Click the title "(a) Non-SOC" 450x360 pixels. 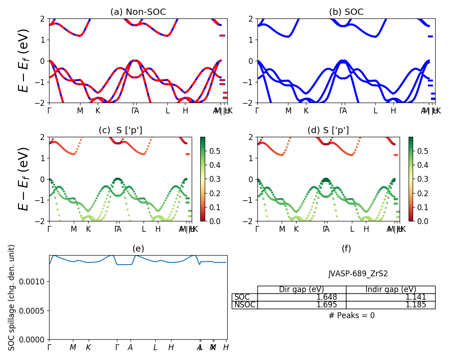click(138, 12)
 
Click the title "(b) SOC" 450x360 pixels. click(346, 12)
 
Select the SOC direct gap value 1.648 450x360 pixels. click(326, 297)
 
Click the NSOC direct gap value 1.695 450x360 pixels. click(326, 305)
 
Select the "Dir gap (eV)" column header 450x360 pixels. click(301, 289)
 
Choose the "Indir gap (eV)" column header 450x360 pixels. click(391, 289)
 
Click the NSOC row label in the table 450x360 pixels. click(245, 305)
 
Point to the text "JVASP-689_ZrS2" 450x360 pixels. click(358, 274)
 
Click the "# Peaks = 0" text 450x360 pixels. click(351, 315)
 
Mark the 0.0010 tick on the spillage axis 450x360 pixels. click(35, 282)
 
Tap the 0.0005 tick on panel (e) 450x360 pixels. click(35, 310)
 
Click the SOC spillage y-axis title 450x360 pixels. click(12, 297)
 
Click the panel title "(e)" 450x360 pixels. click(138, 249)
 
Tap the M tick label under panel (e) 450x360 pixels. click(73, 347)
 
